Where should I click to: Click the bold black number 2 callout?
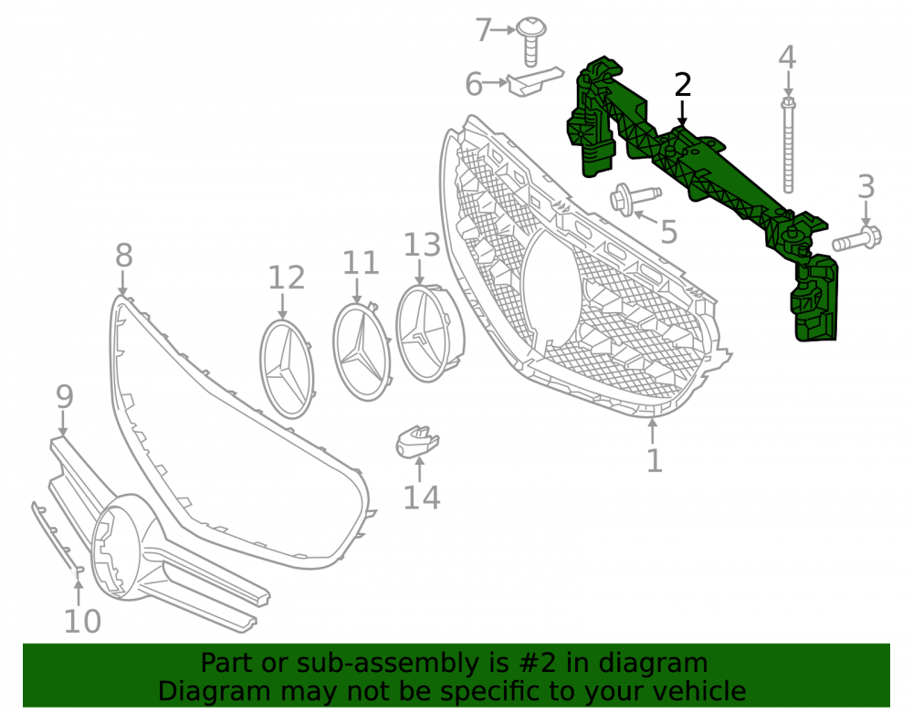tap(682, 85)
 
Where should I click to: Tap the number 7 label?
tap(483, 30)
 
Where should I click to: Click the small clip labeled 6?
tap(534, 81)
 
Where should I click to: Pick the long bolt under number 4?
tap(788, 145)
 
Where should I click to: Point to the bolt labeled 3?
tap(857, 237)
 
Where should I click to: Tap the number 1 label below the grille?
tap(655, 460)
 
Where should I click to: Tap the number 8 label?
tap(124, 256)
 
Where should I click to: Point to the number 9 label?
tap(65, 396)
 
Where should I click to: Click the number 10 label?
tap(82, 621)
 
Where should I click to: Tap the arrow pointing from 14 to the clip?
tap(420, 469)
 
